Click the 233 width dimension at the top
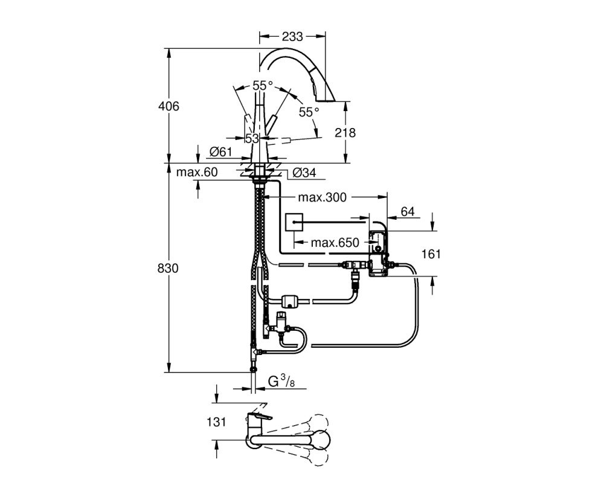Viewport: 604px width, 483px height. (292, 37)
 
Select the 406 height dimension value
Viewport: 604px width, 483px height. (169, 106)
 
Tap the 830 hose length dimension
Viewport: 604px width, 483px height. (168, 268)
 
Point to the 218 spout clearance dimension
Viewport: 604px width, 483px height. (345, 132)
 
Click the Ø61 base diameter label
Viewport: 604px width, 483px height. (220, 152)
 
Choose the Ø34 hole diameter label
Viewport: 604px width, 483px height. (304, 173)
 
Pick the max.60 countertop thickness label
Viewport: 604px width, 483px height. (197, 172)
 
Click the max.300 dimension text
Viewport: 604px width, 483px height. (323, 197)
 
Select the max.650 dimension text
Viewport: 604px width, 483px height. (335, 243)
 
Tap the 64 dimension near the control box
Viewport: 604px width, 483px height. (408, 211)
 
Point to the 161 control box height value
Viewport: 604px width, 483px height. (431, 254)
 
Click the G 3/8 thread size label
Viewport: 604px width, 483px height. (281, 382)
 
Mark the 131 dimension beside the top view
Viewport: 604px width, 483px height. (216, 422)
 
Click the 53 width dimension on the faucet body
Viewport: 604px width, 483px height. (252, 138)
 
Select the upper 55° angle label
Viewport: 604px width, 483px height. (263, 86)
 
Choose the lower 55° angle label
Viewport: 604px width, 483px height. (309, 112)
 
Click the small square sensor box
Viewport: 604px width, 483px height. (294, 222)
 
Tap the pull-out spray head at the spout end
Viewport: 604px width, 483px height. (323, 89)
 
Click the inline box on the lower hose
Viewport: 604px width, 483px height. (292, 301)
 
